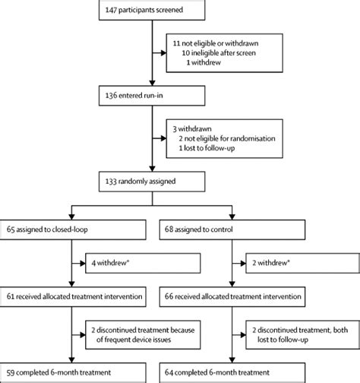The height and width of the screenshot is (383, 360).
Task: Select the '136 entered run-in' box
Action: (153, 96)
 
